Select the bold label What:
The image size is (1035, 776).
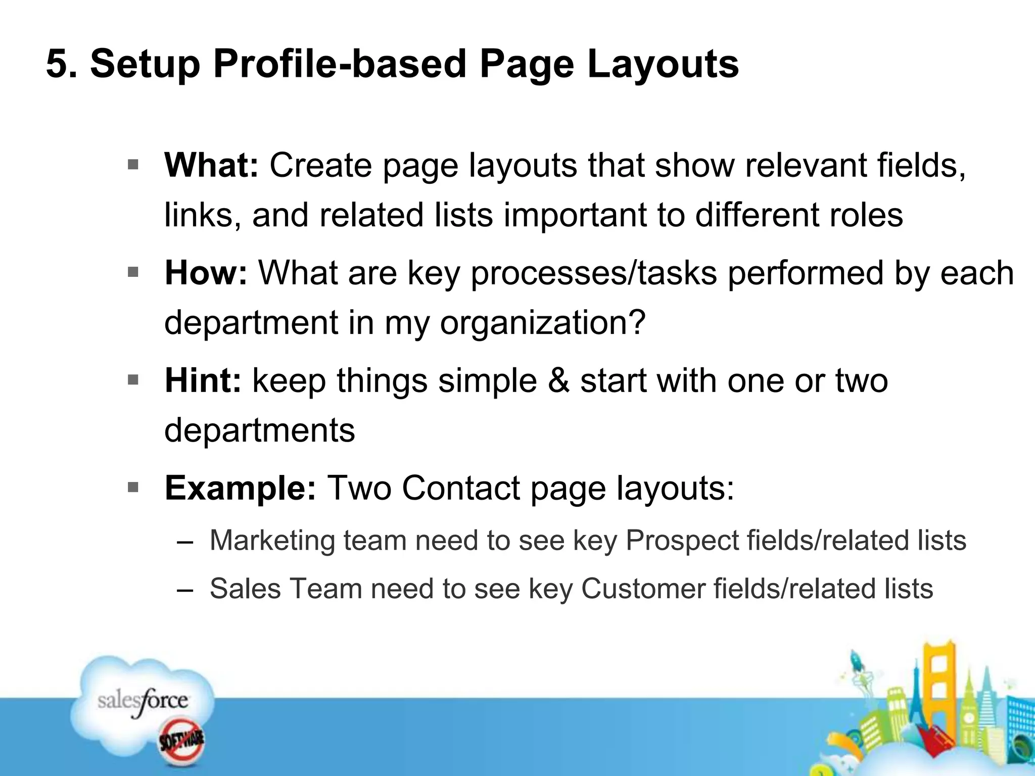(211, 165)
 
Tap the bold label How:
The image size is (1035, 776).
(206, 273)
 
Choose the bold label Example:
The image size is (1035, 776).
(241, 489)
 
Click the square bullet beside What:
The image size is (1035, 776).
(133, 165)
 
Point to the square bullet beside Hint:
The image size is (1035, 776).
(133, 380)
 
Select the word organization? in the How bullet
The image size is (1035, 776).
(543, 323)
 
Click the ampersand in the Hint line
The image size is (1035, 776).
(558, 381)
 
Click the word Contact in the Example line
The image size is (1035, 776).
(461, 489)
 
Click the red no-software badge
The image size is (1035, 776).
(181, 741)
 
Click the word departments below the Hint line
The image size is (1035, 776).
(260, 430)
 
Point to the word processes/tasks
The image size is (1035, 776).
(594, 273)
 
